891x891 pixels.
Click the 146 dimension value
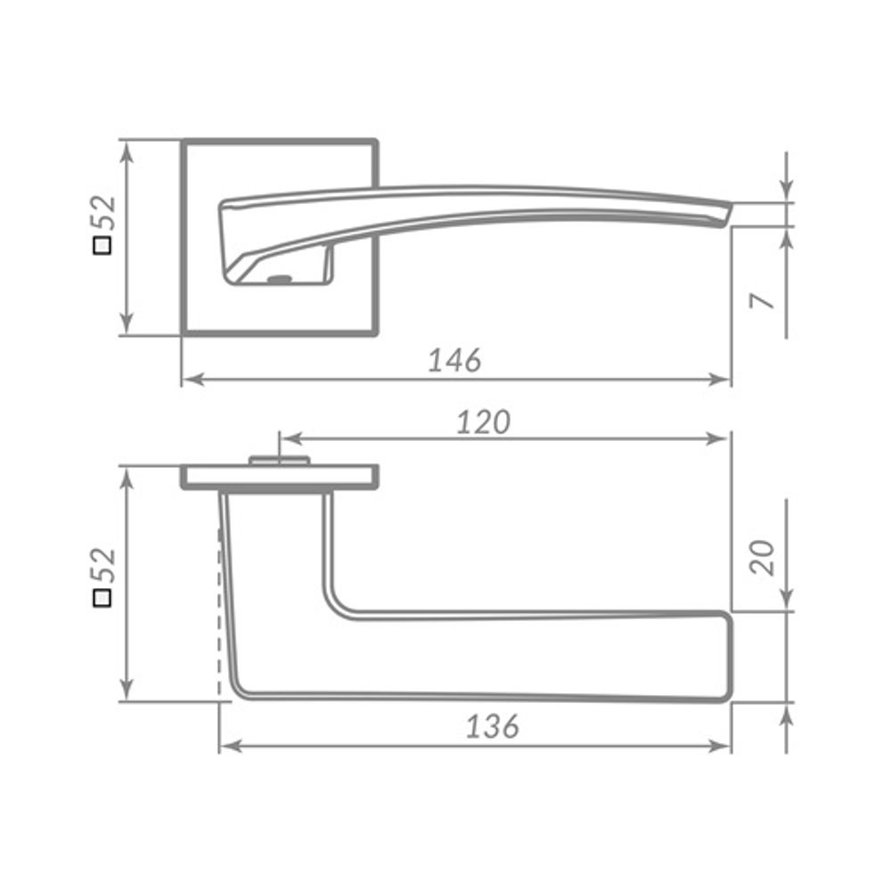coord(454,360)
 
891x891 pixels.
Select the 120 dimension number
coord(483,421)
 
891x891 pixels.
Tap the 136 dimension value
coord(492,726)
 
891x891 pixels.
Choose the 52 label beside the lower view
coord(105,567)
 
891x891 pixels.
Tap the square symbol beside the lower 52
coord(103,597)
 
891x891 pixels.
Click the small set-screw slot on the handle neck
coord(279,280)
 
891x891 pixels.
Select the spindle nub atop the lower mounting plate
coord(279,460)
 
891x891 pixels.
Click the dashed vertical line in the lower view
coord(219,606)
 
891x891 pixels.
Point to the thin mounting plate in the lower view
coord(280,478)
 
